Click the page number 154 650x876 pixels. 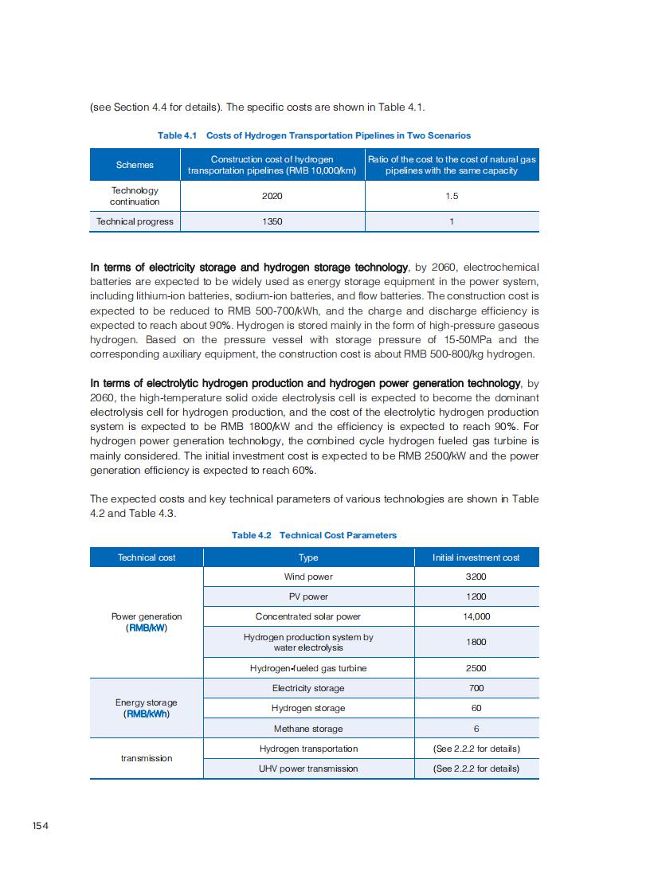click(x=41, y=826)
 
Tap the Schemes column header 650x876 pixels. click(x=135, y=165)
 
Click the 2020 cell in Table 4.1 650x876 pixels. click(x=272, y=196)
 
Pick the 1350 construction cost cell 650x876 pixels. click(x=272, y=221)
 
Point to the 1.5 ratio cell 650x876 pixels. click(x=452, y=196)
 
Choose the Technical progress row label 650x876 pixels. click(x=135, y=221)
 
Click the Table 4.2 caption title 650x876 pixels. click(x=314, y=535)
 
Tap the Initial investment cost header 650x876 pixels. click(x=476, y=557)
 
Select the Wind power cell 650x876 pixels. click(x=308, y=577)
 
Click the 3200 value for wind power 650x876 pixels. click(x=476, y=577)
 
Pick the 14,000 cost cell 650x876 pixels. click(x=476, y=616)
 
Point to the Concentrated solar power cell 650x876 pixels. click(x=308, y=616)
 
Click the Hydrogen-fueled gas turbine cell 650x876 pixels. click(x=308, y=668)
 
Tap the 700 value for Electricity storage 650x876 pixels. click(x=476, y=688)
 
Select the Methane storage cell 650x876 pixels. click(x=308, y=729)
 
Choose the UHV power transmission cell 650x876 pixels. click(x=308, y=768)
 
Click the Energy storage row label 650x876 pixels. click(x=147, y=708)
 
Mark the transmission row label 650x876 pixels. click(x=147, y=758)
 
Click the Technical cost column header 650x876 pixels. click(x=147, y=557)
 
